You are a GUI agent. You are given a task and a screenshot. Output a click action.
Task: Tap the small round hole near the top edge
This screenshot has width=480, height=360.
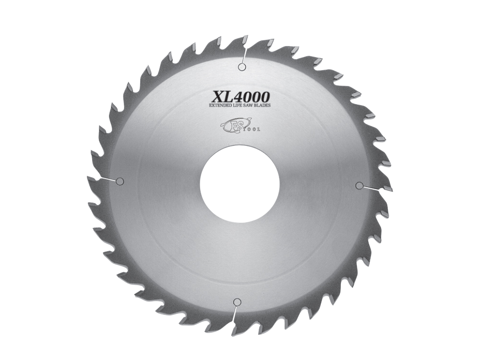[x=242, y=67]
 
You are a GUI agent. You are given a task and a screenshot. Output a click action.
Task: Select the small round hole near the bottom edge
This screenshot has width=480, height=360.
[x=236, y=302]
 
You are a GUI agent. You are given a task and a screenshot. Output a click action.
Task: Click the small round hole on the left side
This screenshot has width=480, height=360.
[x=120, y=181]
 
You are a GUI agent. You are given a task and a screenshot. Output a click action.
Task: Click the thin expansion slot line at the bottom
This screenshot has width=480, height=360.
[x=235, y=317]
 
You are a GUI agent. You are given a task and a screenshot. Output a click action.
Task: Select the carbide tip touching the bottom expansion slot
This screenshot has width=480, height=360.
[x=234, y=331]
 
